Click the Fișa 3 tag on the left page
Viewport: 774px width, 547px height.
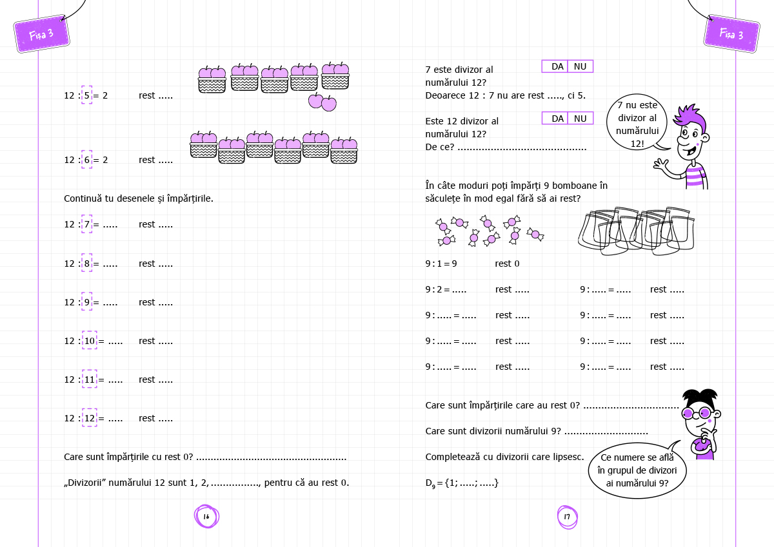[x=41, y=34]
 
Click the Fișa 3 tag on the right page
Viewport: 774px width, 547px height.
[x=731, y=34]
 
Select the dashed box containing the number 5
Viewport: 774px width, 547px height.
[x=87, y=95]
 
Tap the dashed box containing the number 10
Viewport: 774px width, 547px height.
[x=90, y=341]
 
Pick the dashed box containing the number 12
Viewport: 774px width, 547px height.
[x=90, y=418]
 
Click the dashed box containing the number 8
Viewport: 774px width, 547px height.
[x=87, y=264]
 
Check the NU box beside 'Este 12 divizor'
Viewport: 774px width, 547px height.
[x=580, y=118]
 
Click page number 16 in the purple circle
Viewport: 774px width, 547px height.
[x=206, y=516]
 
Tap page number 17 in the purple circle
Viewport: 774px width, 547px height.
[x=567, y=517]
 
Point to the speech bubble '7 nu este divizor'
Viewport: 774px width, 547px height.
[x=637, y=124]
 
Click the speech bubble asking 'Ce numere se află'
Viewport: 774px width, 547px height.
[x=637, y=470]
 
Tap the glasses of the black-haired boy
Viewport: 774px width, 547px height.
[x=697, y=413]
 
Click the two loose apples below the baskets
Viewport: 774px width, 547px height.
[x=322, y=102]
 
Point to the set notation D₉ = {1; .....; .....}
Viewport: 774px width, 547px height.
[x=462, y=483]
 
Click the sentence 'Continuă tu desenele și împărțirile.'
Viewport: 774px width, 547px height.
[x=139, y=198]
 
